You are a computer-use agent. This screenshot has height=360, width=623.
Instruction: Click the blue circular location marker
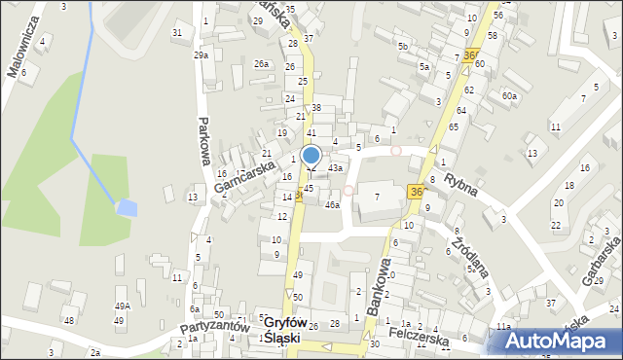tap(311, 155)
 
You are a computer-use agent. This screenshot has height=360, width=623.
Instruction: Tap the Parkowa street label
tap(204, 142)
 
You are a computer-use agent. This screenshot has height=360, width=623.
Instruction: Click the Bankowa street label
tap(380, 285)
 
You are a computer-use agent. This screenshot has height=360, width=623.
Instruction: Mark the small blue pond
tap(126, 207)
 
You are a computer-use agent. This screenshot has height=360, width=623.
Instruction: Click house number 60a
tap(509, 95)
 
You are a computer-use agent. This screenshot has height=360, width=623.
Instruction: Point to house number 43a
tap(335, 168)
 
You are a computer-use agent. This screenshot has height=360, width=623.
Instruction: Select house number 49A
tap(123, 306)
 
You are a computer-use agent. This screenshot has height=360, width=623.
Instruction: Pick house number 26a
tap(261, 64)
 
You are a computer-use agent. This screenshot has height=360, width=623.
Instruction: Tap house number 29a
tap(201, 55)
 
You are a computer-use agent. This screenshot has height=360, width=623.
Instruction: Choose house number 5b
tap(402, 46)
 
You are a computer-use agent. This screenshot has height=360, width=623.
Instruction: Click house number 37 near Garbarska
tap(551, 304)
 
